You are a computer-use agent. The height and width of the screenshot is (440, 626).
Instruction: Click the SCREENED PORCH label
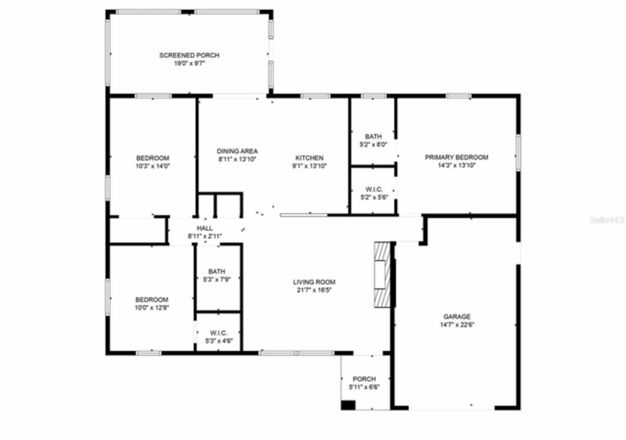tap(189, 55)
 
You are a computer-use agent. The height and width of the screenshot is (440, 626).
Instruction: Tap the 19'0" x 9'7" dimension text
tap(189, 63)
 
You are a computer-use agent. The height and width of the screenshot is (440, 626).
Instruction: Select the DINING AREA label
tap(237, 151)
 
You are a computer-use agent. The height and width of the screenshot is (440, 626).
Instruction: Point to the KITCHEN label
tap(309, 158)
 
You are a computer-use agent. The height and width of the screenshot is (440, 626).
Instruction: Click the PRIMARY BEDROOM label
tap(456, 157)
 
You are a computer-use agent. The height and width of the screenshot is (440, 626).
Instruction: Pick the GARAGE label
tap(457, 316)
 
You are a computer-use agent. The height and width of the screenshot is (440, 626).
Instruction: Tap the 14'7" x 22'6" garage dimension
tap(457, 324)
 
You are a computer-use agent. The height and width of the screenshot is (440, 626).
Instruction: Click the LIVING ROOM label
tap(314, 282)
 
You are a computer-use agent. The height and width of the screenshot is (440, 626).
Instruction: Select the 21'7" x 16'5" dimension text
tap(314, 289)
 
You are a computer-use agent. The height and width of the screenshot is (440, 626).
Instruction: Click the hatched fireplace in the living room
tap(382, 275)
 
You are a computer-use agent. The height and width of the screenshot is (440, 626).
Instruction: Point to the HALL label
tap(204, 228)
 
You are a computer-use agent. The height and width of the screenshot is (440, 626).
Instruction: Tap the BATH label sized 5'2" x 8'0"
tap(373, 136)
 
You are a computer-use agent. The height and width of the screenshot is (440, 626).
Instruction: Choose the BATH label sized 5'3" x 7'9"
tap(217, 271)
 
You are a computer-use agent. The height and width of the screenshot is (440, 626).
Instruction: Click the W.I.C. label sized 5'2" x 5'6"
tap(374, 189)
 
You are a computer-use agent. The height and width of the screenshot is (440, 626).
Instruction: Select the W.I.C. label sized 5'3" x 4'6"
tap(219, 333)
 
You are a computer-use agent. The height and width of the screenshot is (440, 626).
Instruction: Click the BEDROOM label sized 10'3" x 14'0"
tap(153, 158)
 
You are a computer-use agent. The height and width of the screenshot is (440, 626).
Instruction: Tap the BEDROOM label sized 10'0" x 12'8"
tap(152, 300)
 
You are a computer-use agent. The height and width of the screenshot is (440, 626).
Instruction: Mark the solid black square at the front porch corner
tap(348, 405)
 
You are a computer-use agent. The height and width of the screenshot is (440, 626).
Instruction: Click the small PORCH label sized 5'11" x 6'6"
tap(364, 379)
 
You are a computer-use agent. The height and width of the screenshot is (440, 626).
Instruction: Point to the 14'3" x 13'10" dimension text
tap(456, 165)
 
